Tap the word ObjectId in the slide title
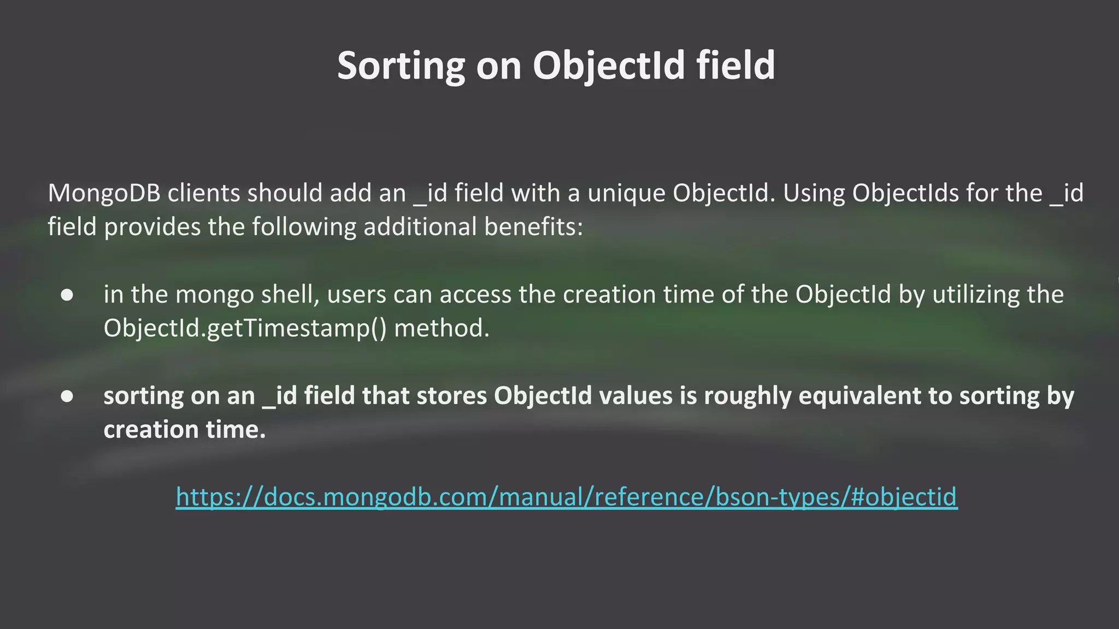point(609,66)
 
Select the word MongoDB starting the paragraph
point(104,193)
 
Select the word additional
point(420,227)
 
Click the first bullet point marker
point(67,295)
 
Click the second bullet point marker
point(67,396)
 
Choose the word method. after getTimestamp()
point(441,328)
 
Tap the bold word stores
point(452,396)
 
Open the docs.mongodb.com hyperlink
point(567,497)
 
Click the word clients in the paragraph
point(204,193)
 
